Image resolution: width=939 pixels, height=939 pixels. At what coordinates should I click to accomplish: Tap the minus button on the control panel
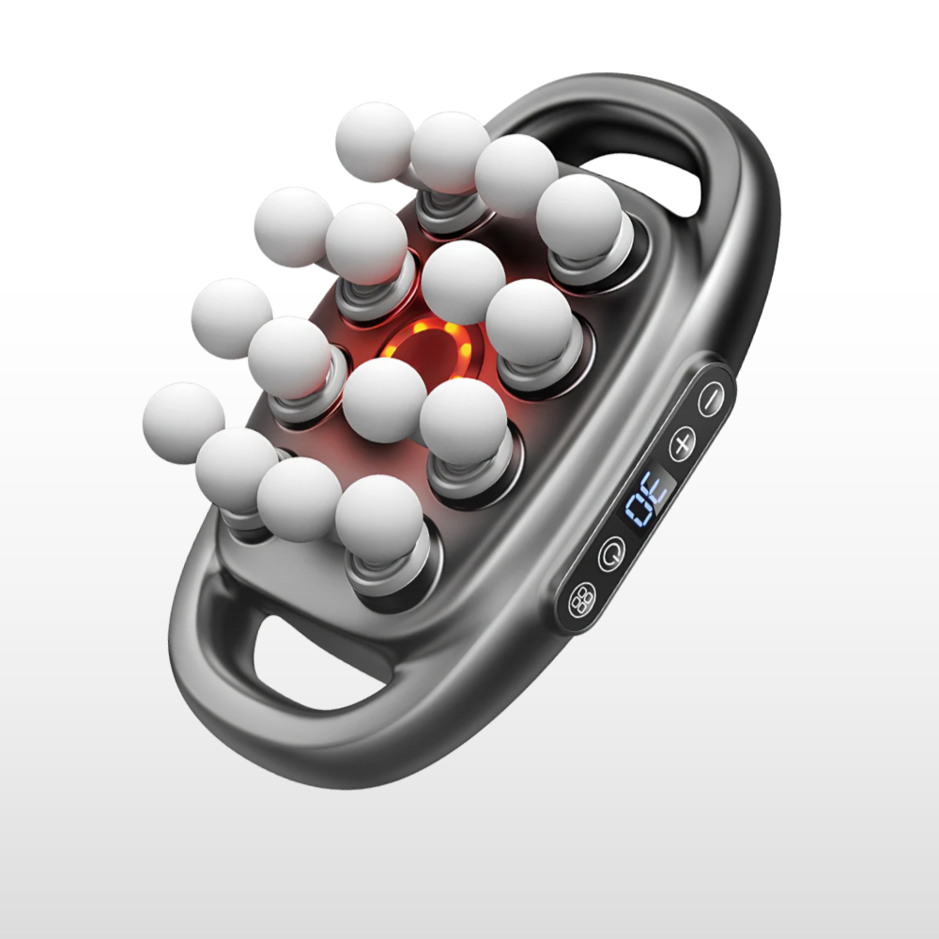[711, 399]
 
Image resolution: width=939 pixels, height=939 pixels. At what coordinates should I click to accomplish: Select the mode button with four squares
[582, 599]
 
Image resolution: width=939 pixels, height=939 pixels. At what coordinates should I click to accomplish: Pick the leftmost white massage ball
[183, 423]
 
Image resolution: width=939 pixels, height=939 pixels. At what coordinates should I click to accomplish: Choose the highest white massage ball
[375, 142]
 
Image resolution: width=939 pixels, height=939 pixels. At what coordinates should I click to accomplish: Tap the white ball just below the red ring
[384, 400]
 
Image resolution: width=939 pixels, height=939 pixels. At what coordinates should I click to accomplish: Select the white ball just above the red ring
[464, 282]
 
